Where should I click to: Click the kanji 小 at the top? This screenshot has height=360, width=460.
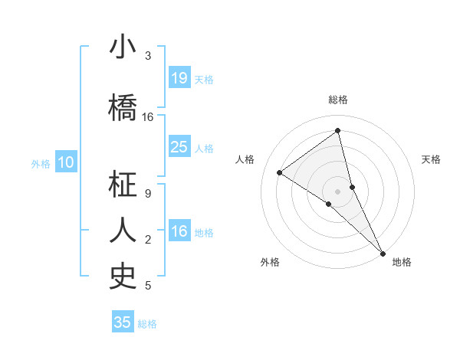pos(122,47)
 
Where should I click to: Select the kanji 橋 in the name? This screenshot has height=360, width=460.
pos(122,109)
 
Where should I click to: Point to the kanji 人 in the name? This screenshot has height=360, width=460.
pos(122,231)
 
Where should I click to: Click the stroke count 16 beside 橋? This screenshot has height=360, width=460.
pos(148,117)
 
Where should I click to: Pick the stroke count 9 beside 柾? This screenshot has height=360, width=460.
pos(148,193)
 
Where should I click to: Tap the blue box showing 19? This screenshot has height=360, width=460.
pos(179,78)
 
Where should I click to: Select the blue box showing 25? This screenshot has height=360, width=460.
pos(179,147)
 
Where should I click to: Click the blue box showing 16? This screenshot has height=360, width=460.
pos(179,231)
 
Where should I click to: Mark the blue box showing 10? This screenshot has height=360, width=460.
pos(66,162)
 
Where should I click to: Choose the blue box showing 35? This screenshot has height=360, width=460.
pos(123,322)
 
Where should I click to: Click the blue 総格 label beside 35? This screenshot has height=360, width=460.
pos(147,324)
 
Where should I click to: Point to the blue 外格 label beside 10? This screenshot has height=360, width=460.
pos(41,163)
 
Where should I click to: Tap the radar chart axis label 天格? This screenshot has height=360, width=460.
pos(431,159)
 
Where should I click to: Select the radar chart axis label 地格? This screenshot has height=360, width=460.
pos(402,262)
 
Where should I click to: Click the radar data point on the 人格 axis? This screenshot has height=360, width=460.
pos(280,172)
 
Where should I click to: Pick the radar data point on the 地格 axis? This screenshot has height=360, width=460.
pos(383,253)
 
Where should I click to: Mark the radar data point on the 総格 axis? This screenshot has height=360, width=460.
pos(338,130)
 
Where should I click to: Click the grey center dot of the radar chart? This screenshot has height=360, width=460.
pos(338,191)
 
